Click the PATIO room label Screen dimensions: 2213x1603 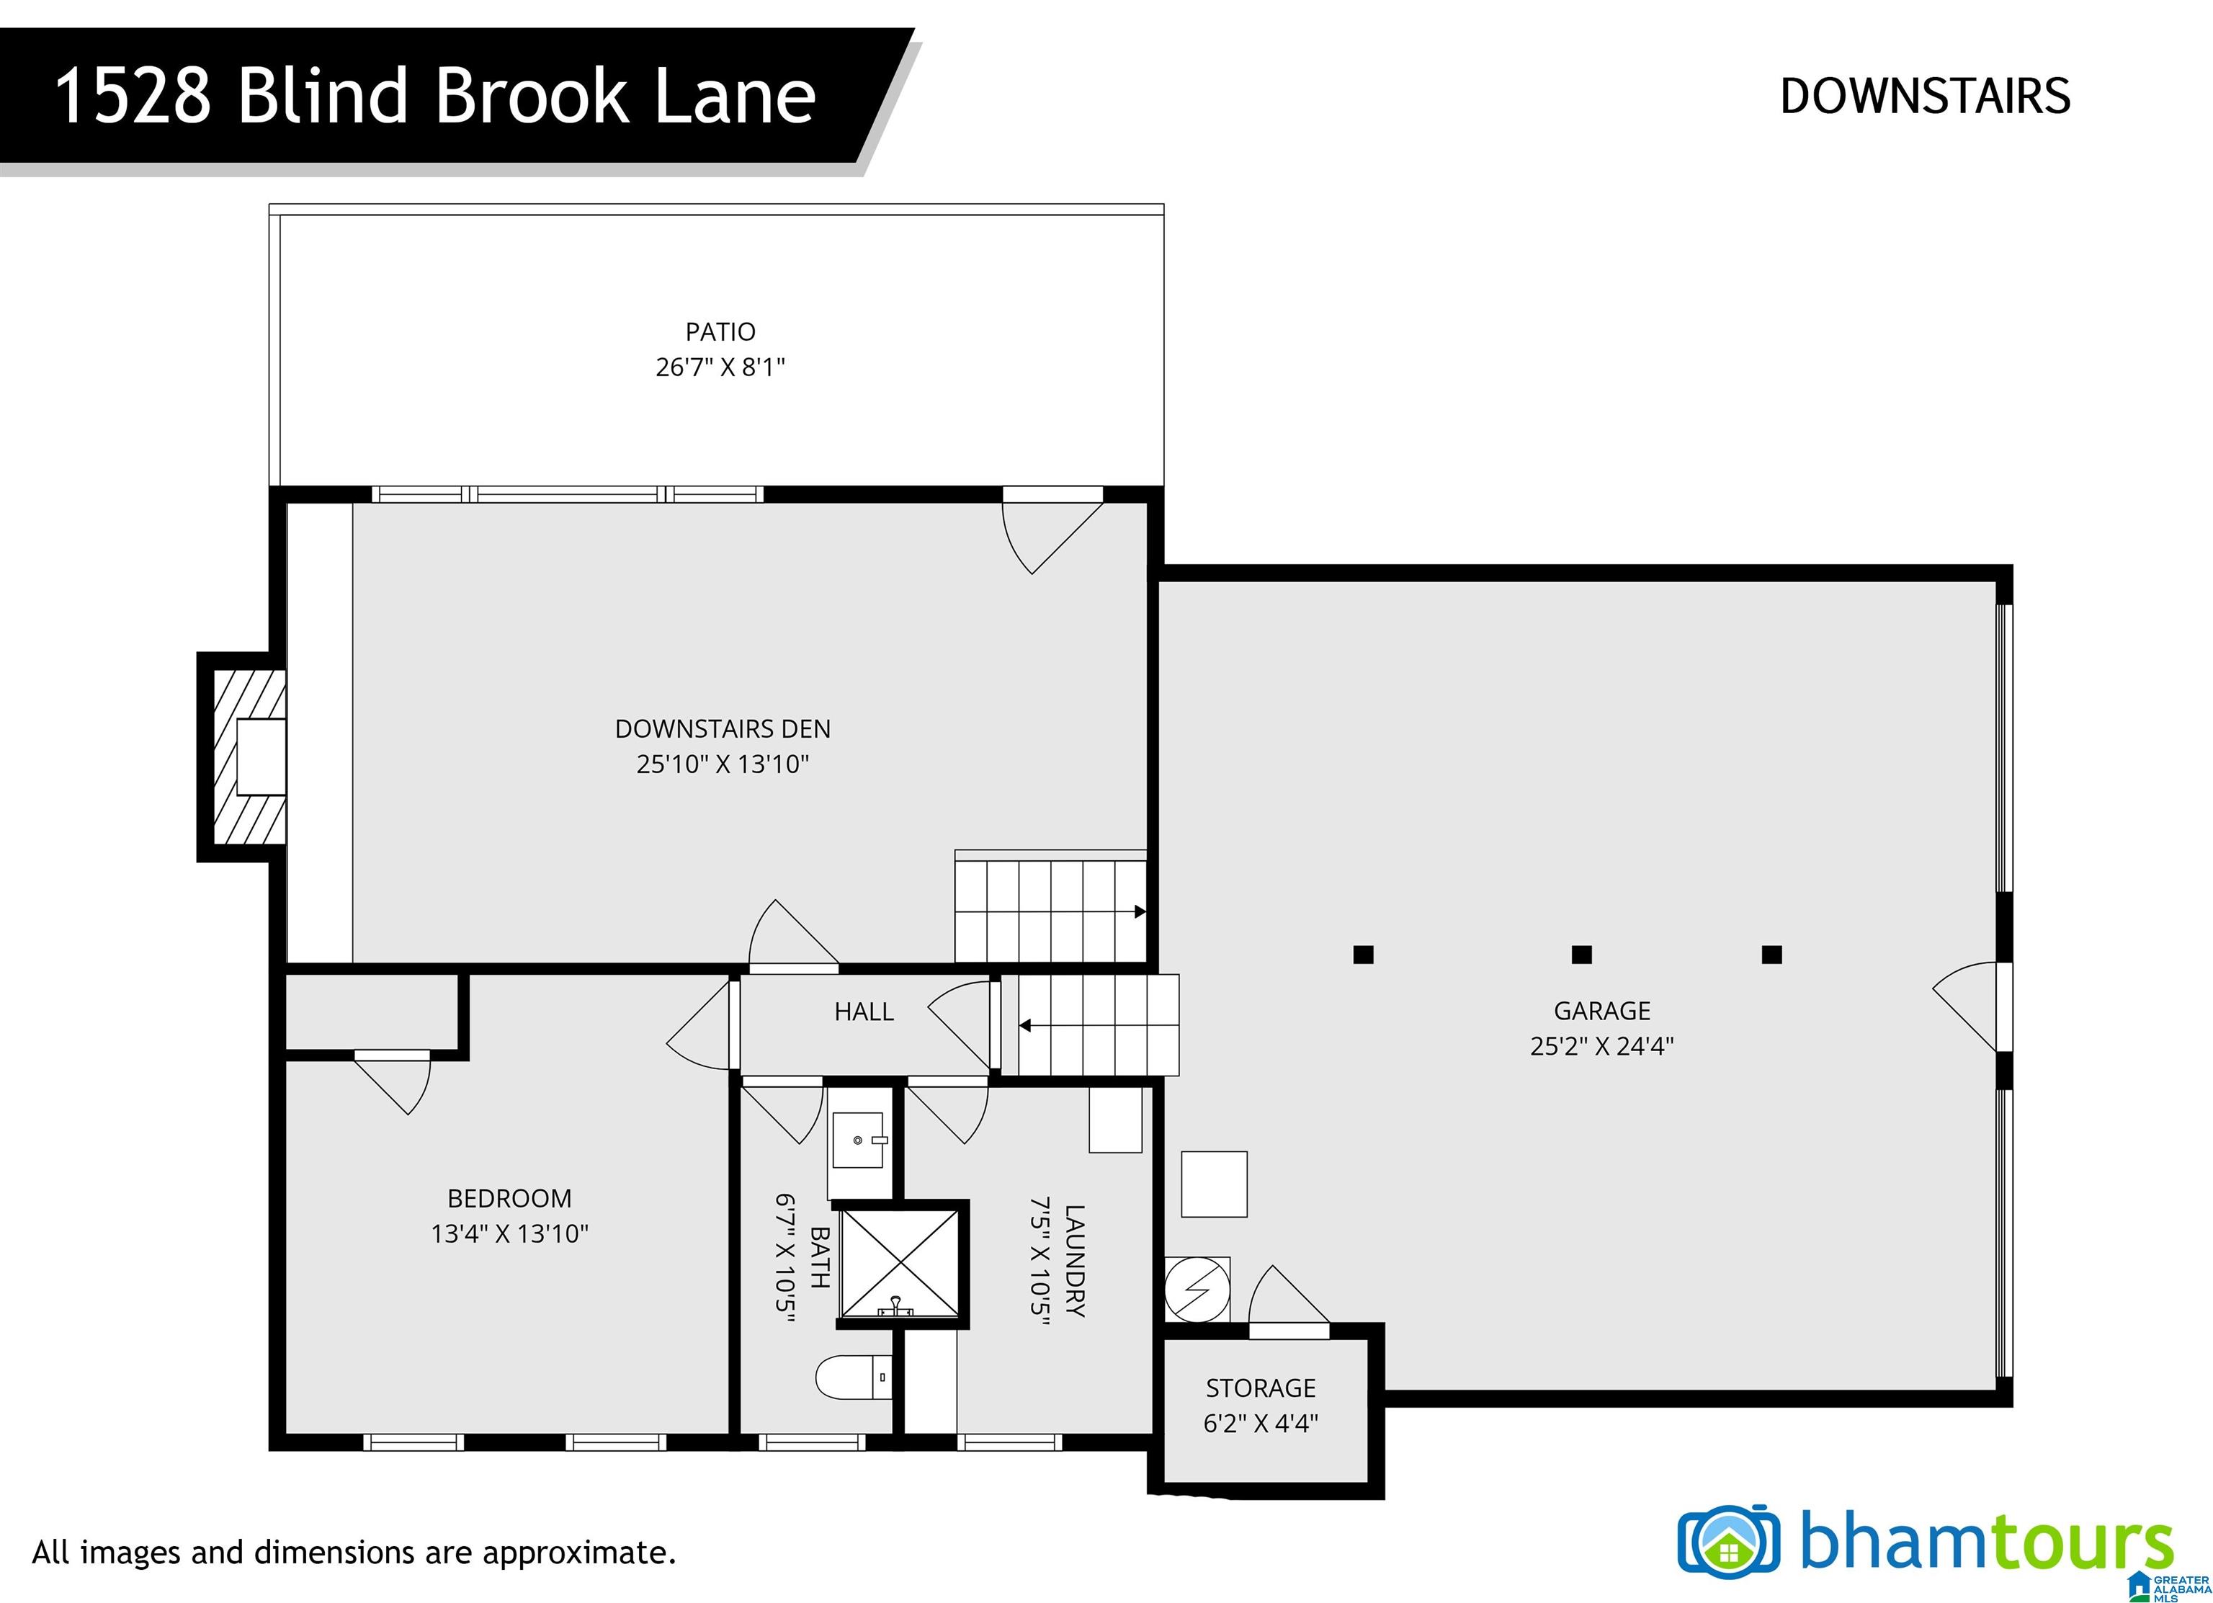pyautogui.click(x=720, y=331)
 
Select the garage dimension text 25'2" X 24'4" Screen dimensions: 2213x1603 pyautogui.click(x=1602, y=1046)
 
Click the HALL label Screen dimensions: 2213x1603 pyautogui.click(x=864, y=1012)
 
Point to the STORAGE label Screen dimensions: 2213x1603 pyautogui.click(x=1261, y=1388)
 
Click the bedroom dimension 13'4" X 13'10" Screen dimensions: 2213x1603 pyautogui.click(x=509, y=1233)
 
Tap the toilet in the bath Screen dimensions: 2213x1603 pyautogui.click(x=854, y=1377)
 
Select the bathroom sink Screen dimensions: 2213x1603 pyautogui.click(x=858, y=1140)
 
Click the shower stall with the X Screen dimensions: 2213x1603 pyautogui.click(x=900, y=1264)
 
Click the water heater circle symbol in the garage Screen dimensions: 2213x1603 pyautogui.click(x=1197, y=1290)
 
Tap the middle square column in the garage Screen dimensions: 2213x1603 pyautogui.click(x=1582, y=954)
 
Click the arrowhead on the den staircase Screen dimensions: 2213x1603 pyautogui.click(x=1140, y=912)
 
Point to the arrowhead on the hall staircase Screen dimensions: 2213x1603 pyautogui.click(x=1024, y=1025)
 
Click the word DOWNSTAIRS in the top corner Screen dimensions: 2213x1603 pyautogui.click(x=1925, y=96)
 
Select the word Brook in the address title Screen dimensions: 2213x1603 pyautogui.click(x=529, y=96)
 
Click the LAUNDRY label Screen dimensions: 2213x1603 pyautogui.click(x=1074, y=1261)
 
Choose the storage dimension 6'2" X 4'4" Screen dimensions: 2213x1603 pyautogui.click(x=1261, y=1422)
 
